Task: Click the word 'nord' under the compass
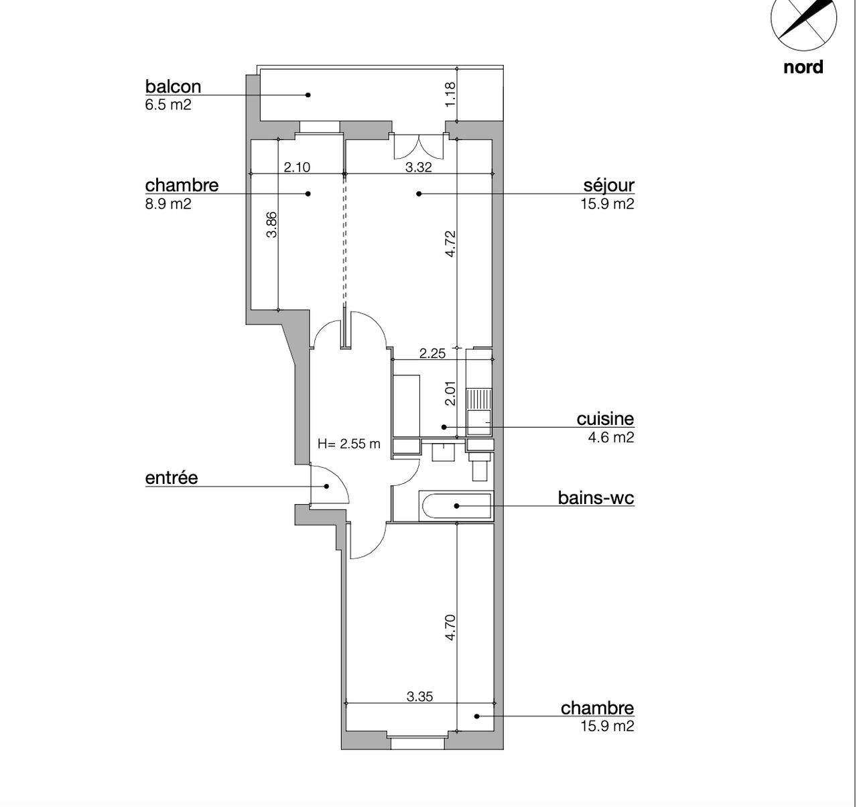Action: (803, 67)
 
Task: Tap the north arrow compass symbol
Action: (803, 19)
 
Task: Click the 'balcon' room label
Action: (173, 86)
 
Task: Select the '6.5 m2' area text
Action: (168, 105)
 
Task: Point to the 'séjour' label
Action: (608, 185)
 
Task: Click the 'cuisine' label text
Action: (605, 419)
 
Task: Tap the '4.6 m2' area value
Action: (611, 438)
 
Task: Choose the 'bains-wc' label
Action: (596, 497)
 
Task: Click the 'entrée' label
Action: (172, 477)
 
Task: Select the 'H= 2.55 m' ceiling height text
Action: (348, 444)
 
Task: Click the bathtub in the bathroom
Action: (456, 506)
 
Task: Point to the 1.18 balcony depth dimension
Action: (450, 95)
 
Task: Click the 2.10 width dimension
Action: (297, 167)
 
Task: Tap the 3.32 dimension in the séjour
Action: (418, 167)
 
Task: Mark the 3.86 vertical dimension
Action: (271, 225)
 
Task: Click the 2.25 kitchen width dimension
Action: (432, 354)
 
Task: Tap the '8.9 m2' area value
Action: (168, 203)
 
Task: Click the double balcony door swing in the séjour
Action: (419, 146)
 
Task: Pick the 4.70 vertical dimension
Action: (450, 627)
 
